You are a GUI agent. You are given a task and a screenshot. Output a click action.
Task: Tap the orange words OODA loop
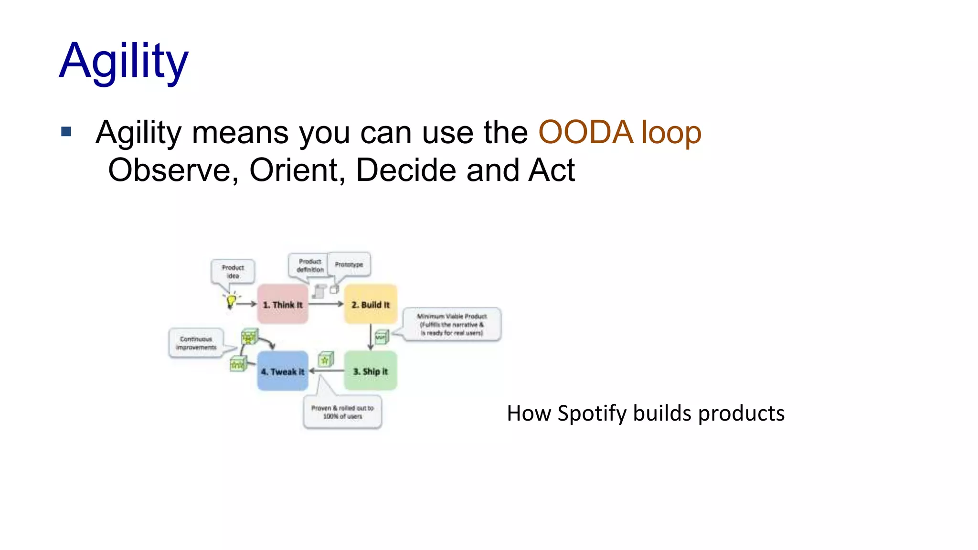click(619, 132)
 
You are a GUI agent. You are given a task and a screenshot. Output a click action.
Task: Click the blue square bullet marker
click(66, 131)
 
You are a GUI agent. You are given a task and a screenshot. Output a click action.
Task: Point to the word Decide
click(406, 170)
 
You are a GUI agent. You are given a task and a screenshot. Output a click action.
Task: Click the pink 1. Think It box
click(283, 305)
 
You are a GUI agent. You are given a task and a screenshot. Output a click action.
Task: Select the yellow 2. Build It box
click(371, 305)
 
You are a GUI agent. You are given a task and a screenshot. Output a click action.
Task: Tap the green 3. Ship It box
click(371, 371)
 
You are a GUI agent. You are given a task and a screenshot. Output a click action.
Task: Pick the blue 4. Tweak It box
click(283, 371)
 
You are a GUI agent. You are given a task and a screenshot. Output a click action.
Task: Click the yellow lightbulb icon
click(231, 301)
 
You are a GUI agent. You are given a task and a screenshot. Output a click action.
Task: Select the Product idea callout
click(233, 271)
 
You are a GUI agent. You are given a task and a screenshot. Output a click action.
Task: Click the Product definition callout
click(309, 265)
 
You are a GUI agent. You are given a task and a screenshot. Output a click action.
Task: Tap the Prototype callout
click(349, 264)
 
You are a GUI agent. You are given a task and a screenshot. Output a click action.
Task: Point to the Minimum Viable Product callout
click(452, 324)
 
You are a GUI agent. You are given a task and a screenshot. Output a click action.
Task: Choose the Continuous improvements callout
click(196, 343)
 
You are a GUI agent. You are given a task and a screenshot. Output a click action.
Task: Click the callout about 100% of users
click(342, 412)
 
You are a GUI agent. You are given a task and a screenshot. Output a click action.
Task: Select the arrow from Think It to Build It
click(326, 304)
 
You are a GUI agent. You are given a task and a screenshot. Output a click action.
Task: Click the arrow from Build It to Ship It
click(371, 337)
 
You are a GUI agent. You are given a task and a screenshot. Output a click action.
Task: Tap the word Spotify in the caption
click(592, 413)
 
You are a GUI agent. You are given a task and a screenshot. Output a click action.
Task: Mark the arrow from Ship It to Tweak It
click(327, 370)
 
